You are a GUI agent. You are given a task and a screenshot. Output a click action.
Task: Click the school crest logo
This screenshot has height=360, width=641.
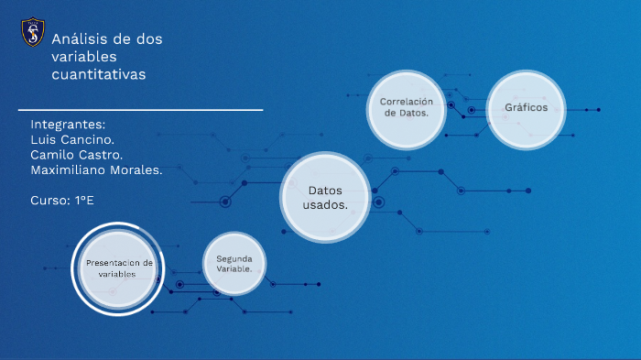click(x=32, y=34)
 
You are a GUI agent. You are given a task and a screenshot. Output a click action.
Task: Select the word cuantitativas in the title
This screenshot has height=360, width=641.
click(x=99, y=74)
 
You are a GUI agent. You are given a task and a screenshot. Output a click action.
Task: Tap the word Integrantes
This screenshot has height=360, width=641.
click(x=68, y=125)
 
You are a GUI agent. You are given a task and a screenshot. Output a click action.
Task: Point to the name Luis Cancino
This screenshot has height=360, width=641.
click(x=72, y=139)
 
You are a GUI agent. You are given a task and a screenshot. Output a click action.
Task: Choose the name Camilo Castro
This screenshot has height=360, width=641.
click(x=76, y=155)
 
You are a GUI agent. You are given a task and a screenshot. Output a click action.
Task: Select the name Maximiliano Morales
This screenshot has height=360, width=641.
click(x=96, y=170)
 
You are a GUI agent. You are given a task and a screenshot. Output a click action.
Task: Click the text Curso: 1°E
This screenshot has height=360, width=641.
click(x=62, y=201)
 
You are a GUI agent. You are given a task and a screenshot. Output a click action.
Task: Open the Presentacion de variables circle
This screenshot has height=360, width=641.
click(x=118, y=268)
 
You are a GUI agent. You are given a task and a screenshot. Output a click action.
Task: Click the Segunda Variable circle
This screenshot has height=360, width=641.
click(x=234, y=264)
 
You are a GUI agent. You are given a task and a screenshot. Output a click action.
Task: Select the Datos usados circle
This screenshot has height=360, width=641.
click(x=325, y=197)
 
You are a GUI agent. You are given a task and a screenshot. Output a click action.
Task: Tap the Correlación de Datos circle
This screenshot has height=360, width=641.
click(x=406, y=107)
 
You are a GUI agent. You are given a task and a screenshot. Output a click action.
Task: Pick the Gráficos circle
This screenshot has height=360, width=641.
click(x=526, y=108)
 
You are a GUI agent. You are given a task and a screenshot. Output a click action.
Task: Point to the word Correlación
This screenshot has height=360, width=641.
click(x=406, y=101)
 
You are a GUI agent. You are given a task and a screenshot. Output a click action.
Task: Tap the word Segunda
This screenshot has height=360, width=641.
click(x=234, y=258)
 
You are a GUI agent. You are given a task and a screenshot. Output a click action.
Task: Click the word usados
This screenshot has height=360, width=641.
click(x=325, y=205)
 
